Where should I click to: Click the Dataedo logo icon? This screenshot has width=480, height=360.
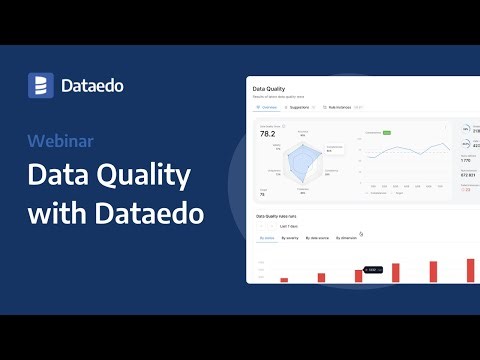pos(40,85)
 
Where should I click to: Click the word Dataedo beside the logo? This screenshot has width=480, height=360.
pos(91,86)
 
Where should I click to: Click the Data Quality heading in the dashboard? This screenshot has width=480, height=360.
pos(270,88)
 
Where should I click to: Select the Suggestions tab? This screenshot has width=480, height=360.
pos(300,106)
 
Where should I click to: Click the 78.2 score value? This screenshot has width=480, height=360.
pos(267,132)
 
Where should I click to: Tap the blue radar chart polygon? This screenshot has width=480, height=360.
pos(301,160)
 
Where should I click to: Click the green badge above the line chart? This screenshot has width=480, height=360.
pos(385,131)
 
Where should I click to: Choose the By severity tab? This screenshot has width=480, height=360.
pos(291,238)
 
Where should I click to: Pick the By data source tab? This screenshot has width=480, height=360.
pos(317,238)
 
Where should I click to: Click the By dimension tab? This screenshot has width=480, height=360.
pos(347,238)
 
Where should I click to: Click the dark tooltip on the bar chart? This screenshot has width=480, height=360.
pos(370,269)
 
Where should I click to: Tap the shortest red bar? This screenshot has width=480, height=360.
pos(284,280)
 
